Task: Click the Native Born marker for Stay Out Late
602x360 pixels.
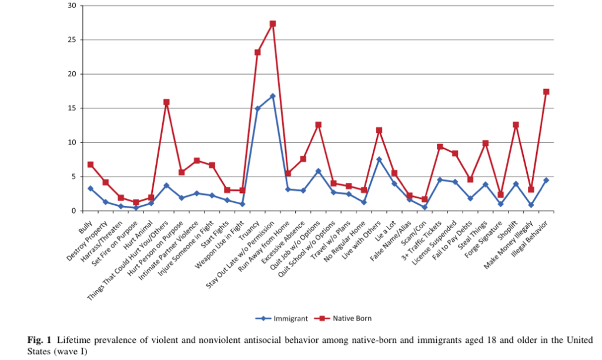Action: (x=273, y=24)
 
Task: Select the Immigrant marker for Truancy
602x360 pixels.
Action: (x=257, y=109)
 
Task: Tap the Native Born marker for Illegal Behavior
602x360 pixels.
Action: (x=546, y=92)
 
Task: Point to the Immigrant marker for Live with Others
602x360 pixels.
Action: (x=379, y=159)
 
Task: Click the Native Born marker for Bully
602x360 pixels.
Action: (x=91, y=165)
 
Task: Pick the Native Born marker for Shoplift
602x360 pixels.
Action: (x=516, y=125)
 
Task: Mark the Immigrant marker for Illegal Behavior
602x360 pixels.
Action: (x=546, y=180)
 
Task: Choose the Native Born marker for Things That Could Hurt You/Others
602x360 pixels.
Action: (x=166, y=102)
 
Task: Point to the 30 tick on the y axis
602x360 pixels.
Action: (x=72, y=6)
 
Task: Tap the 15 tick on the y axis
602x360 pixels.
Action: (x=72, y=108)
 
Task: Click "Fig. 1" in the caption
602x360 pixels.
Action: (x=39, y=339)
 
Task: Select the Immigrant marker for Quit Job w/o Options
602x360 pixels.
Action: (x=318, y=171)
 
